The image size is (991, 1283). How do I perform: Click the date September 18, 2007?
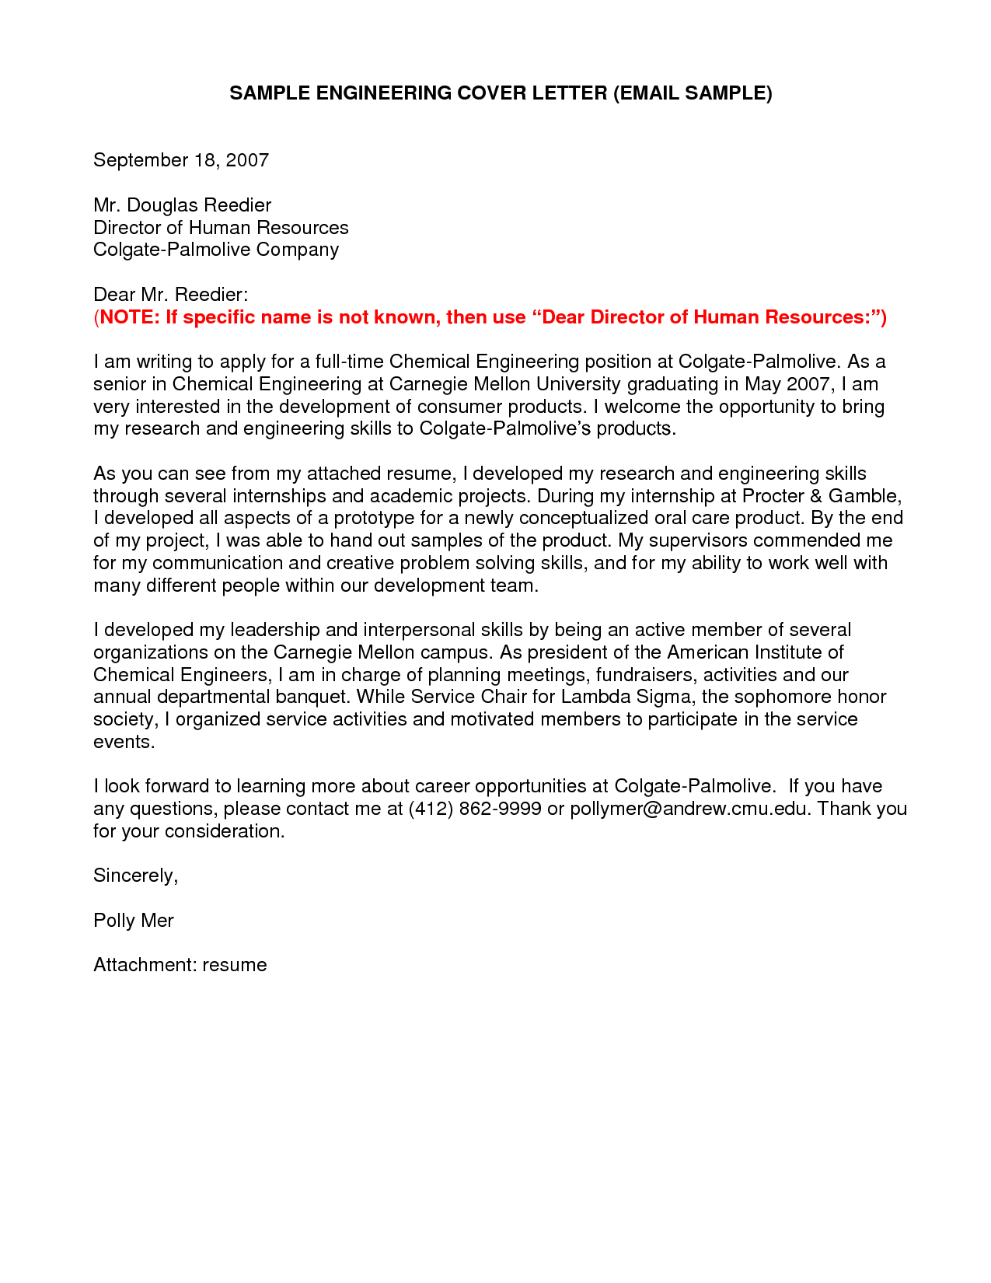pos(181,160)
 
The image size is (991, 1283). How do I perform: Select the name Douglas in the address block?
pos(161,205)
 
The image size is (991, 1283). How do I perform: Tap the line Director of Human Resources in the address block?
pos(221,228)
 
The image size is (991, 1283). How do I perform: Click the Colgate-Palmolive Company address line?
pos(216,250)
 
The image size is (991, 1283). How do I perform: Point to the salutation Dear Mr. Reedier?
pos(170,295)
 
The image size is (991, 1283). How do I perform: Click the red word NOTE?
pos(130,317)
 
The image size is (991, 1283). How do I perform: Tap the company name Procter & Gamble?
pos(822,496)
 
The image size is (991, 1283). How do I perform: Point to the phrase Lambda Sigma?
pos(626,697)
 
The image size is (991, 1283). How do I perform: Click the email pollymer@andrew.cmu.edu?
pos(690,809)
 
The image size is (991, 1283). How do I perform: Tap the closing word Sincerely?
pos(136,876)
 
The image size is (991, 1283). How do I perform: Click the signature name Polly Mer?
pos(134,921)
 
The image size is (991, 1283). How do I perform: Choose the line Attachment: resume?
pos(180,965)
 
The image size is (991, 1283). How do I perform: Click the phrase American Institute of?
pos(755,652)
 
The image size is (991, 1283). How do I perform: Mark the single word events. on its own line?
pos(124,742)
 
